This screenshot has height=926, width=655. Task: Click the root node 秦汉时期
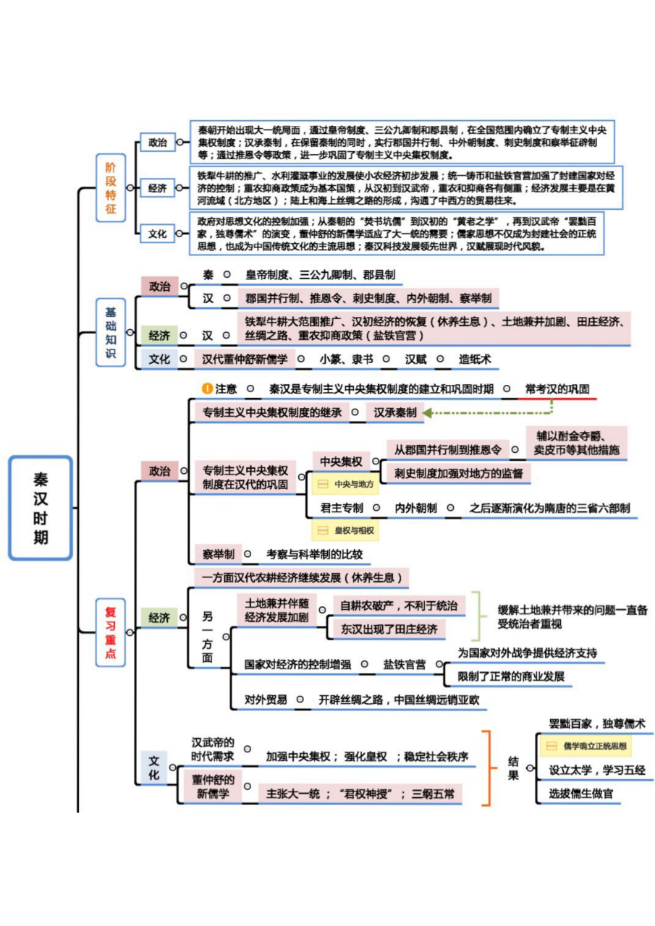pos(41,508)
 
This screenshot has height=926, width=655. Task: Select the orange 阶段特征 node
pos(110,188)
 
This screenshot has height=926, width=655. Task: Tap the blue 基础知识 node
pos(110,333)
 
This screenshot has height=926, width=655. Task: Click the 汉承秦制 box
pos(394,412)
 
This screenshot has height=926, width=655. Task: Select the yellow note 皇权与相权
pos(345,530)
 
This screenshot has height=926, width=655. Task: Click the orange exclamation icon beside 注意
pos(207,388)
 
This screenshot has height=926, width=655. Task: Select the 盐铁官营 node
pos(404,664)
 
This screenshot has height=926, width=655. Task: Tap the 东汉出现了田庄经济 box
pos(390,629)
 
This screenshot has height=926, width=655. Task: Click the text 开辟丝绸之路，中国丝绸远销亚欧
pos(398,700)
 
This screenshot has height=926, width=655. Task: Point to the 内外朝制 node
pos(415,508)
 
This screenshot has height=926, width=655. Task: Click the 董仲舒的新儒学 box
pos(214,787)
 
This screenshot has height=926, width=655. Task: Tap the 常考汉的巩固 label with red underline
pos(557,388)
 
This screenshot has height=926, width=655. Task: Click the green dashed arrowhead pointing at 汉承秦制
pos(428,413)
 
